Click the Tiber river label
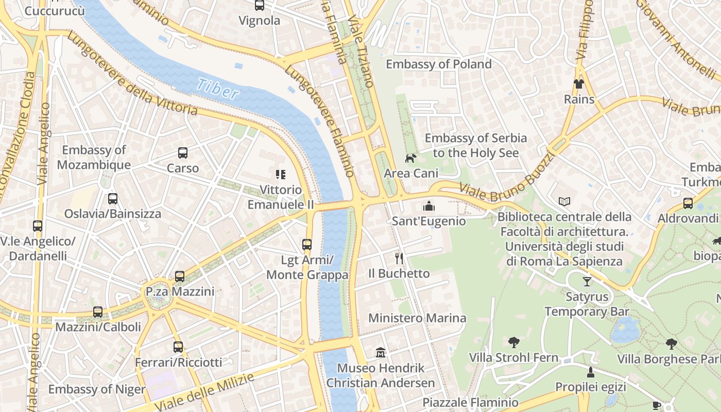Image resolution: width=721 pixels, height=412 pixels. click(218, 89)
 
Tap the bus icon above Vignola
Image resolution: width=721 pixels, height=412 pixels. click(260, 6)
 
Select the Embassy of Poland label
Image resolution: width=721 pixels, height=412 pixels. click(439, 64)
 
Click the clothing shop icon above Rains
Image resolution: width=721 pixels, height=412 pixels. click(579, 83)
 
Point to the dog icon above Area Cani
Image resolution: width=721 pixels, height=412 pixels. click(410, 158)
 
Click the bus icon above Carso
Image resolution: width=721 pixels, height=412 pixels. click(183, 153)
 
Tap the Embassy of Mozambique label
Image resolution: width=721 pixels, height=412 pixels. click(94, 158)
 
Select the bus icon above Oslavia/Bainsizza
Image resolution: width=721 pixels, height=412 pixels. click(113, 198)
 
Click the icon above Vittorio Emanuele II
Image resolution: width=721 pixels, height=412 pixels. click(280, 175)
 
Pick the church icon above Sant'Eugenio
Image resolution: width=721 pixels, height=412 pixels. click(428, 207)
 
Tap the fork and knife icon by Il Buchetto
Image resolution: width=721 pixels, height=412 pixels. click(399, 258)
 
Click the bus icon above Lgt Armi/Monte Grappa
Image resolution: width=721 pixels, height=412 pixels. click(307, 245)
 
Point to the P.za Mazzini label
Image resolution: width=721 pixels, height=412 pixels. click(180, 291)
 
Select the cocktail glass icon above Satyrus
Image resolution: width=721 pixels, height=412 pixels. click(587, 281)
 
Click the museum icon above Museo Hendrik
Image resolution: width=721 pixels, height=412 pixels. click(381, 353)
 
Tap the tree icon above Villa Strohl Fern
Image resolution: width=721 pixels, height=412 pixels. click(513, 342)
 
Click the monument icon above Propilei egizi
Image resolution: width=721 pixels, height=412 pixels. click(590, 372)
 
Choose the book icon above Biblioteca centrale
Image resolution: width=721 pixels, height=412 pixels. click(564, 201)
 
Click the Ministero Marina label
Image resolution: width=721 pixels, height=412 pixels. click(417, 318)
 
